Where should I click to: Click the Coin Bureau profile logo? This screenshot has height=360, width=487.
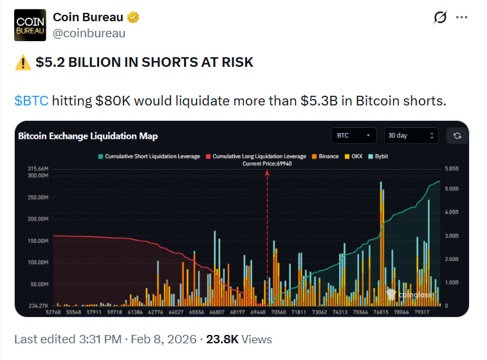point(30,25)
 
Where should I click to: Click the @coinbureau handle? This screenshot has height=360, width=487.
point(89,33)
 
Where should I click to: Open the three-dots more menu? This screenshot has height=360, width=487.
point(461,17)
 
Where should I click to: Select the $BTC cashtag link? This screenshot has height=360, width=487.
point(30,101)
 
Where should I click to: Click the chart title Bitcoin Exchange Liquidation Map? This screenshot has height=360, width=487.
point(87,136)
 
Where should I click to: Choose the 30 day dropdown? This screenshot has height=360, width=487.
point(411,136)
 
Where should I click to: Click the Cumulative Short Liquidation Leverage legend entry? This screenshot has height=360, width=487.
point(149,156)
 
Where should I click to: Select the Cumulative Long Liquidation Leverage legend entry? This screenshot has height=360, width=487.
point(255,156)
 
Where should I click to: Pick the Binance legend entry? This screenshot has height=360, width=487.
point(326,156)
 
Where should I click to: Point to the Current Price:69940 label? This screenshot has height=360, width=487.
point(267,164)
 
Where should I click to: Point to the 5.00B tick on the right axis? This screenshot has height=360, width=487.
point(452,188)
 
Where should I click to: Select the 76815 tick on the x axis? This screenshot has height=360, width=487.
point(381,312)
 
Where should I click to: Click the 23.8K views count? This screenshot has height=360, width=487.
point(223,339)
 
